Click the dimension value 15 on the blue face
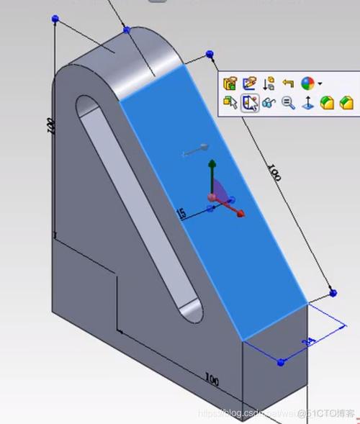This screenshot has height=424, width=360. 181,213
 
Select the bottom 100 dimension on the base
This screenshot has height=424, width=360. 212,378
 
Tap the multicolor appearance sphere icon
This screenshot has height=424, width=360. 308,84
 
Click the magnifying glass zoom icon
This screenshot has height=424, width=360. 289,104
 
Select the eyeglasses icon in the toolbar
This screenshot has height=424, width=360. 269,104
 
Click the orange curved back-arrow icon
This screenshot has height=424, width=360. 289,84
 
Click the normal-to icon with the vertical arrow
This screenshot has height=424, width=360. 307,104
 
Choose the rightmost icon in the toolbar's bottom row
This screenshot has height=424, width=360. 347,104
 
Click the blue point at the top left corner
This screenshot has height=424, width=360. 55,19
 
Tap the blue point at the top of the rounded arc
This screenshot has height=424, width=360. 127,30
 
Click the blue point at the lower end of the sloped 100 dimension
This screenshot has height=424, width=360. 333,293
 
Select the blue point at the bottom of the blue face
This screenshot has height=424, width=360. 281,360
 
